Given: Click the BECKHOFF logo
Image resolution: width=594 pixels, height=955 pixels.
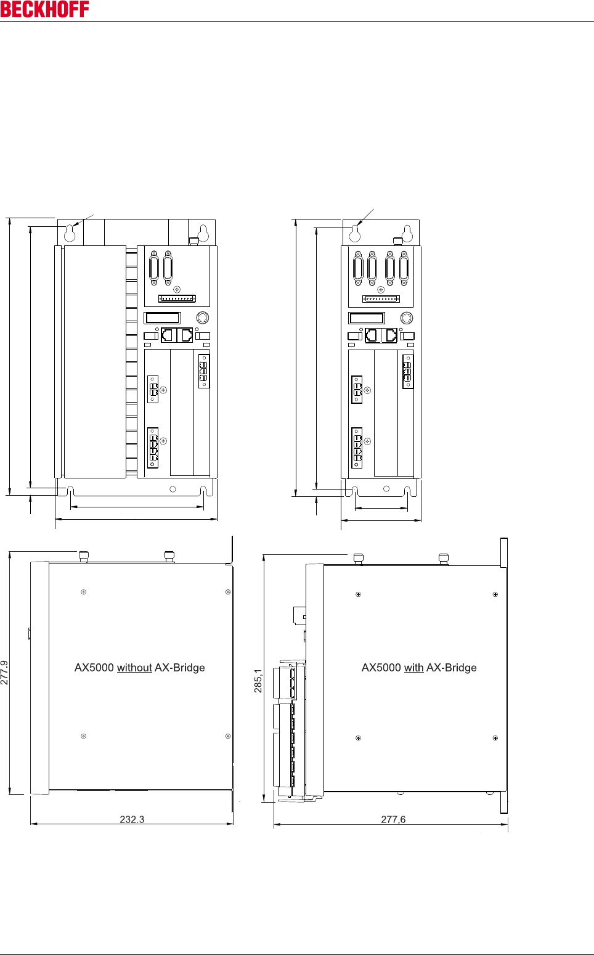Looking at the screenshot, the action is click(x=45, y=9).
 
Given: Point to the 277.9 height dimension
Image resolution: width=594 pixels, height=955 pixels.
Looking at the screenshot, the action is click(x=5, y=673).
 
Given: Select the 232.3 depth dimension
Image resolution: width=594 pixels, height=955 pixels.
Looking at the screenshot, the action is click(x=132, y=819).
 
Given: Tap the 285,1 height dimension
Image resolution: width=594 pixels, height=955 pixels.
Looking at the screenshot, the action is click(x=258, y=681).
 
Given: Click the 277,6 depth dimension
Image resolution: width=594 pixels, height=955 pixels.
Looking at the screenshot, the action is click(x=393, y=819).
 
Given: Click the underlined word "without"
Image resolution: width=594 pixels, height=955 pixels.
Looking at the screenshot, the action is click(x=134, y=668).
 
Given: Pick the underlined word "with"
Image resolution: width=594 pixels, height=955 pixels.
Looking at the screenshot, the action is click(x=413, y=668).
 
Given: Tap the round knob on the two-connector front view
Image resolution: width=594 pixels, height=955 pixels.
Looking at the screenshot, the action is click(x=202, y=318).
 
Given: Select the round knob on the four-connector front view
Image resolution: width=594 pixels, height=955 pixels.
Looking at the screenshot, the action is click(x=407, y=318).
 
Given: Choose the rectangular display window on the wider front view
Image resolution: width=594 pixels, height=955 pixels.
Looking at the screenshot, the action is click(x=163, y=318).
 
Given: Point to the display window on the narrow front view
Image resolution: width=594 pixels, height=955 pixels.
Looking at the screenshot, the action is click(x=367, y=318).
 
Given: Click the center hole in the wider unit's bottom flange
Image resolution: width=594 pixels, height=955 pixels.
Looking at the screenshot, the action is click(x=173, y=489).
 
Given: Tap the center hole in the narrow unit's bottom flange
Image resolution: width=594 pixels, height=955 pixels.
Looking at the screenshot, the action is click(x=386, y=489).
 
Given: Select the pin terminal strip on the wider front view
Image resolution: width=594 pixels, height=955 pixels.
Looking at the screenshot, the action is click(x=177, y=298).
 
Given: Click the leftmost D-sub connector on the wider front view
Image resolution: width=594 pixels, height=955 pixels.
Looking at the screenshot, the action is click(x=154, y=268).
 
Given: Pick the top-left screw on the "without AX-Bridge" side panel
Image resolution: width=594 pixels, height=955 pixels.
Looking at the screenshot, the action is click(x=84, y=592).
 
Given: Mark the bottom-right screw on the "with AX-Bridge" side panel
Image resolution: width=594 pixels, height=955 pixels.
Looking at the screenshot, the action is click(x=495, y=738).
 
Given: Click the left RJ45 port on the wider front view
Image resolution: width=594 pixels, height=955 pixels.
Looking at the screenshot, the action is click(x=168, y=336).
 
